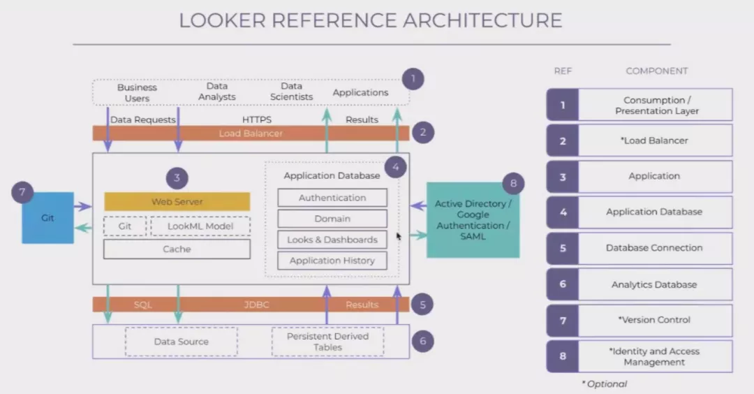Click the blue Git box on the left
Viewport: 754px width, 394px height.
tap(47, 218)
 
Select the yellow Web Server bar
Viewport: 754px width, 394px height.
tap(177, 202)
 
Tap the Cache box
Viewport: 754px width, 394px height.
tap(177, 249)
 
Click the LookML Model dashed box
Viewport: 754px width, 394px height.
tap(200, 226)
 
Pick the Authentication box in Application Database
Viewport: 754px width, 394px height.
tap(332, 198)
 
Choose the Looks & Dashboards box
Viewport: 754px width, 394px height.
tap(332, 240)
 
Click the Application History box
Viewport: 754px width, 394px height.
tap(332, 261)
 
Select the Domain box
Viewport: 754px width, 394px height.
tap(332, 219)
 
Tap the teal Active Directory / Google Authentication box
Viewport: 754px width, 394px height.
tap(473, 220)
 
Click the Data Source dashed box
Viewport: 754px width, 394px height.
tap(181, 342)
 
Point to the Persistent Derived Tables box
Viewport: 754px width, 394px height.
tap(327, 342)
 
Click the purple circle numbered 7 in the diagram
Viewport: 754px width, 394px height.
tap(22, 192)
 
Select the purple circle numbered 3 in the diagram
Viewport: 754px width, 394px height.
tap(177, 177)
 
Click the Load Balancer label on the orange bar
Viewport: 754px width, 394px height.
tap(251, 133)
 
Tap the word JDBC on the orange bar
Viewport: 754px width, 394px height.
tap(256, 305)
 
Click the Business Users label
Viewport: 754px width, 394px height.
tap(137, 93)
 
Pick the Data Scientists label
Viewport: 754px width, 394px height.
tap(291, 92)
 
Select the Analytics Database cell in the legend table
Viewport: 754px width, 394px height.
tap(654, 284)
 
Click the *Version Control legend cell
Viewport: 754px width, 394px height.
tap(654, 320)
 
